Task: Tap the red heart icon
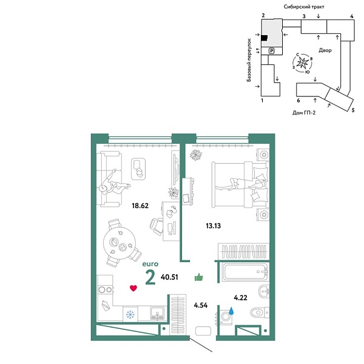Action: coord(133,288)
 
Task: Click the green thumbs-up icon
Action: coord(198,278)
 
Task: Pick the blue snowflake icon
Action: coord(129,314)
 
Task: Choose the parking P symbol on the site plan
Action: coord(271,51)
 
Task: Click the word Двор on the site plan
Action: coord(324,51)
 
